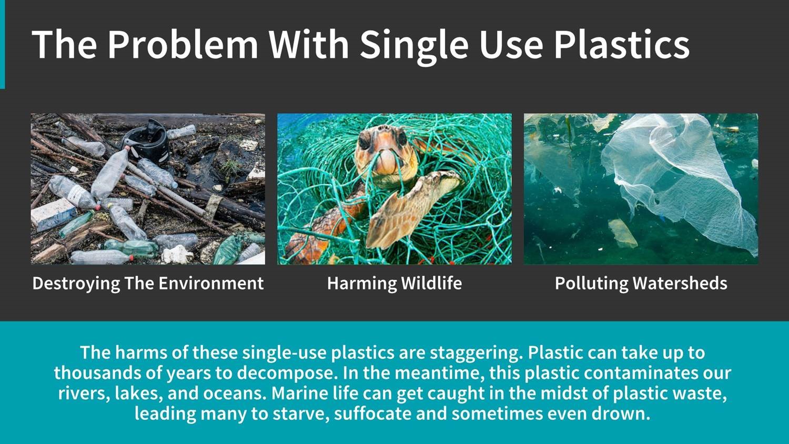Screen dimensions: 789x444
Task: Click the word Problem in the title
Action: point(183,44)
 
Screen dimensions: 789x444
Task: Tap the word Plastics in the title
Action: point(622,44)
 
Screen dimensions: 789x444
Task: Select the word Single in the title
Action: point(414,46)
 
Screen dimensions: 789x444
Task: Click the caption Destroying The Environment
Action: point(148,284)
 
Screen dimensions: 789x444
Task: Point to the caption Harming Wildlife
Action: point(394,283)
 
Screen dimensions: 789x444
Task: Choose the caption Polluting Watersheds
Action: point(641,284)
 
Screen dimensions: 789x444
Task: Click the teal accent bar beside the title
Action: point(3,44)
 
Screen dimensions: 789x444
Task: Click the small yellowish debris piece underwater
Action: point(622,233)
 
